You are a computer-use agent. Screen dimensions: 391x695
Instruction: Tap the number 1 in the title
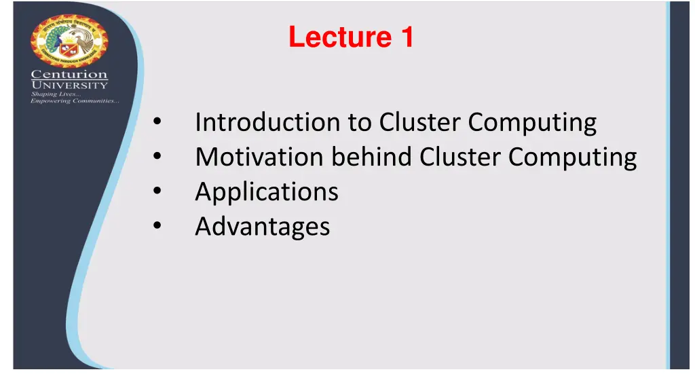[407, 37]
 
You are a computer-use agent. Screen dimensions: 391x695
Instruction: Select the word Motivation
[259, 157]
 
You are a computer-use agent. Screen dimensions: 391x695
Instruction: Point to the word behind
[371, 157]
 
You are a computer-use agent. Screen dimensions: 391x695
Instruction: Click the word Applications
[267, 192]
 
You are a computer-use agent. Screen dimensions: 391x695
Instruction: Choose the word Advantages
[263, 227]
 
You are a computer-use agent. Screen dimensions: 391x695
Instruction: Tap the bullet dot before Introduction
[157, 124]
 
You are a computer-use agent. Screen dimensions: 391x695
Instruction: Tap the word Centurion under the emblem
[69, 74]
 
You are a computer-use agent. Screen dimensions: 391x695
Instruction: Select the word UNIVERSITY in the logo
[69, 85]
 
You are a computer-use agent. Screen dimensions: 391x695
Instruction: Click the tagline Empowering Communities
[75, 102]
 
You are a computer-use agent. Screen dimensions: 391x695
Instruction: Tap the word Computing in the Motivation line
[573, 157]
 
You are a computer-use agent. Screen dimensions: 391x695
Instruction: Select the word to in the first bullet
[358, 123]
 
